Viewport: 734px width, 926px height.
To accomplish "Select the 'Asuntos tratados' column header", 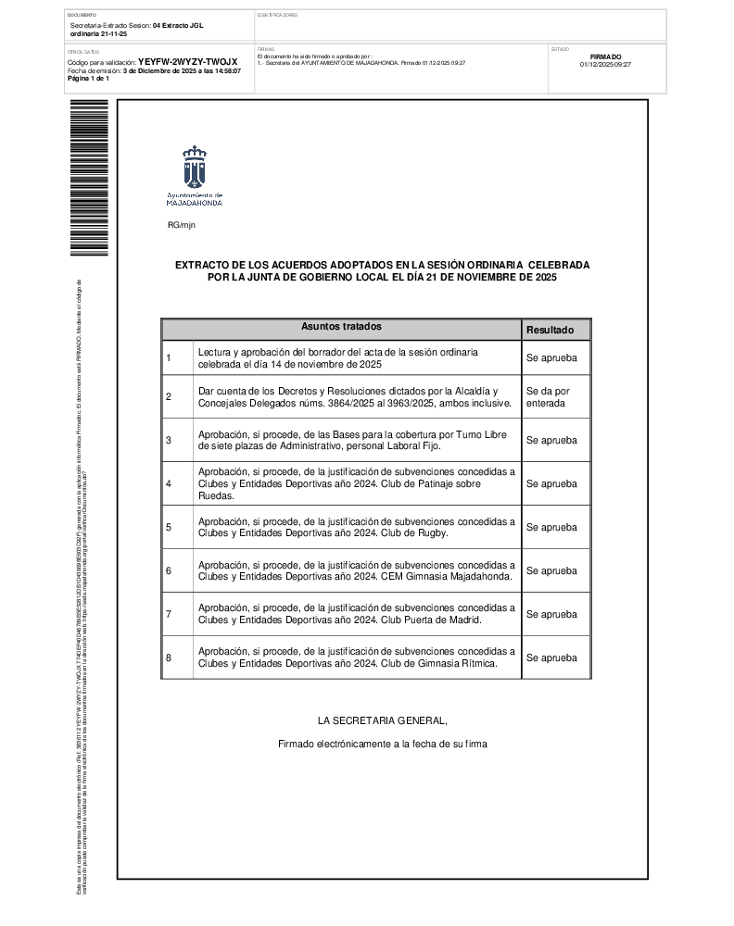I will (341, 327).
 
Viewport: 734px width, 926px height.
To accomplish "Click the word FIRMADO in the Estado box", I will (605, 56).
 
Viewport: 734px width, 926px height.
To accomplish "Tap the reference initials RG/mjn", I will (181, 225).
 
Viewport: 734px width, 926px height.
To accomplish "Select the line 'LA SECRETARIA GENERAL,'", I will (382, 720).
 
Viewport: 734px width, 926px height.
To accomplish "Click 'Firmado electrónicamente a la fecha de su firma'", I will (382, 744).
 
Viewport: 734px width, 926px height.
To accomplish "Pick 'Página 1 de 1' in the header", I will (89, 79).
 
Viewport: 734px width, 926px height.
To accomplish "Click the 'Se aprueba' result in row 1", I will (550, 357).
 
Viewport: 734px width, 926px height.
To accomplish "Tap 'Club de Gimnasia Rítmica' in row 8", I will (439, 664).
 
